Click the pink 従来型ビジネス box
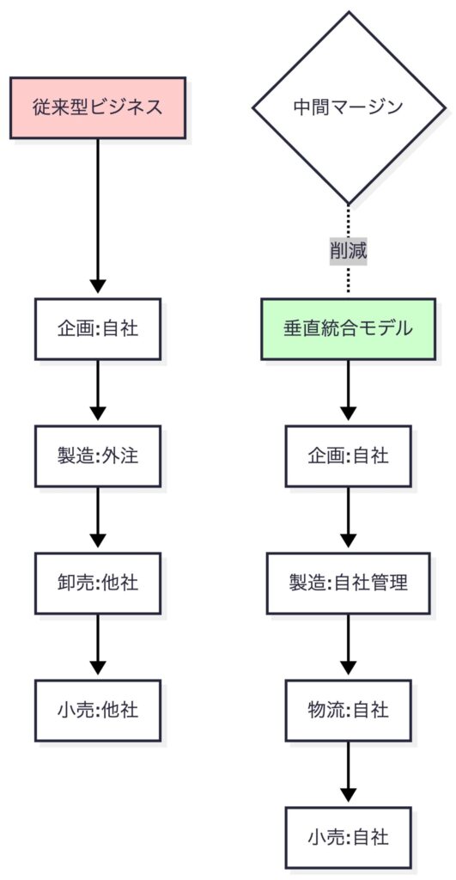pos(97,107)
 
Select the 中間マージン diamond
pos(348,107)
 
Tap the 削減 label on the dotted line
pos(348,251)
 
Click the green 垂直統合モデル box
pos(348,328)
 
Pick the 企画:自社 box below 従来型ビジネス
pos(97,328)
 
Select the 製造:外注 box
pos(97,455)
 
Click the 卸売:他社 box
pos(97,583)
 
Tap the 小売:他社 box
pos(97,710)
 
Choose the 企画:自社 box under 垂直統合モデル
pos(348,455)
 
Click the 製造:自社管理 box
pos(348,583)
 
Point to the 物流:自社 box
pos(348,710)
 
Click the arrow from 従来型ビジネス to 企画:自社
pos(97,215)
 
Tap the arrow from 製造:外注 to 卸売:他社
pos(97,518)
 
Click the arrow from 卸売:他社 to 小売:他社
pos(97,645)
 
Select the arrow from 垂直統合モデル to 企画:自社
pos(348,391)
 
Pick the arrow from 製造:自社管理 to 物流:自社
pos(348,645)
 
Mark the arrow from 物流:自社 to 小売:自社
pos(348,773)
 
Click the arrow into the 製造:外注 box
pos(97,391)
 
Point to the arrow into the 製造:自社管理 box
pos(348,518)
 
